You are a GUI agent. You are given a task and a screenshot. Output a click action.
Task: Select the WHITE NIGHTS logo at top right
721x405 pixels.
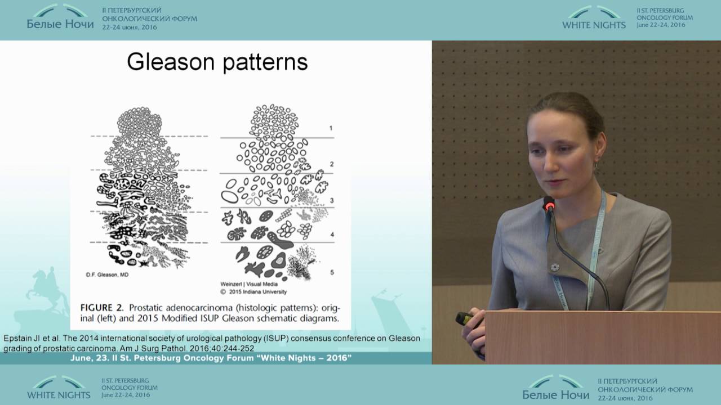pos(594,18)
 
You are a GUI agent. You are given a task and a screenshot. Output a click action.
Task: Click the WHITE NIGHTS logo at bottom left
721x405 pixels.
pos(59,388)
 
